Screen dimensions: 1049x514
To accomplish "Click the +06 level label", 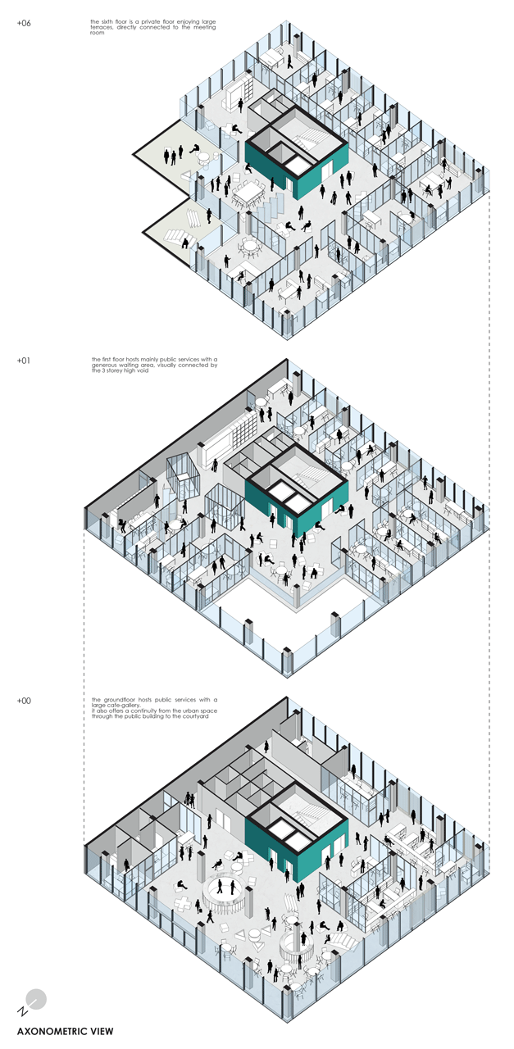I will point(23,23).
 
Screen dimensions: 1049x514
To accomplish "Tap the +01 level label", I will point(23,360).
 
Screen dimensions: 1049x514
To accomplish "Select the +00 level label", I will point(23,701).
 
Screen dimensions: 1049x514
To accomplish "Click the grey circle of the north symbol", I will point(36,998).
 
